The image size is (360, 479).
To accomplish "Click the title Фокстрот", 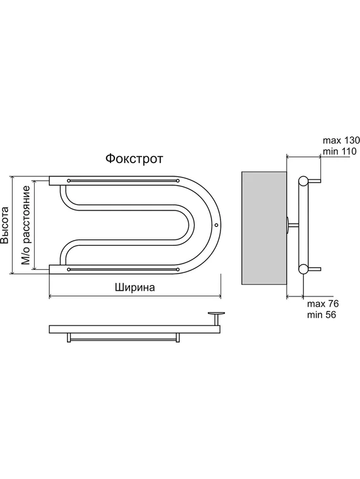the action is [x=135, y=159].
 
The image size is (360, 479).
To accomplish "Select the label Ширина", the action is [x=135, y=288].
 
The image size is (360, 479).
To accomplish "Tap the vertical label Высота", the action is [x=4, y=225].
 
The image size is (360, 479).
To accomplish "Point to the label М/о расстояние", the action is [x=26, y=225].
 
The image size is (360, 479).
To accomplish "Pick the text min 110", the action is [x=340, y=151].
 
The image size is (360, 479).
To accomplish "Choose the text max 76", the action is [x=323, y=304].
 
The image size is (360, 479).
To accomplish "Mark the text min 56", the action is [x=321, y=315].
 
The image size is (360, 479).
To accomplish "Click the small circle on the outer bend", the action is [x=216, y=225].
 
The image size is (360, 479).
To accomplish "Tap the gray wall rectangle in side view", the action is [x=264, y=229].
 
